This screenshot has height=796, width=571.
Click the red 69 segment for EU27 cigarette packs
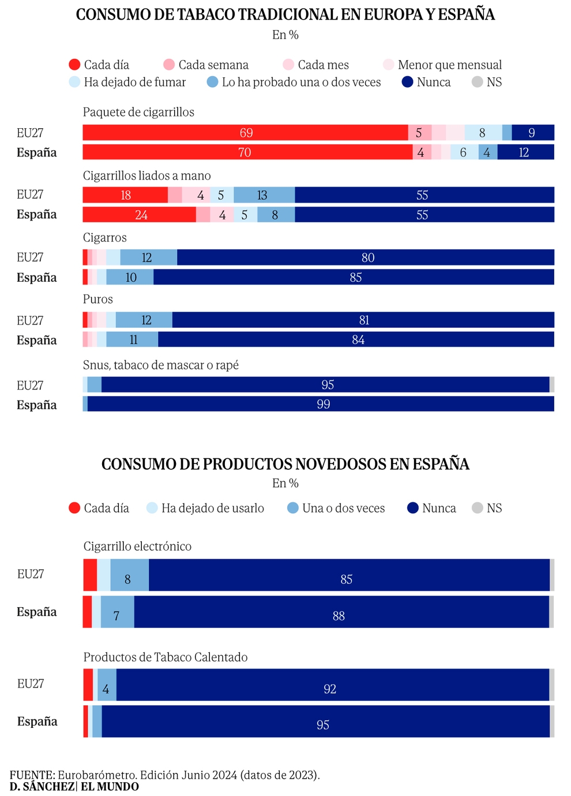coord(246,133)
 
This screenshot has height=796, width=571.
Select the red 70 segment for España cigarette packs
coord(245,152)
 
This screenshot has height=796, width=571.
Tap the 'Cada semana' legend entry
coord(206,65)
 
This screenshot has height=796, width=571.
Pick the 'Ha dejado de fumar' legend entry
coord(127,82)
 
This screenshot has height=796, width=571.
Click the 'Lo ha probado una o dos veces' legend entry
coord(294,82)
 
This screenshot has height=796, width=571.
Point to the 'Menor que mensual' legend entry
coord(442,65)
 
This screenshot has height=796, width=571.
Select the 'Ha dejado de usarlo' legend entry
coord(205,508)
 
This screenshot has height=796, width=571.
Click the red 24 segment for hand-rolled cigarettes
coord(141,215)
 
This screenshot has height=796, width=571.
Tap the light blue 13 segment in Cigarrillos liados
coord(262,195)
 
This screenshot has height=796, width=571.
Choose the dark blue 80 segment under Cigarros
coord(367,257)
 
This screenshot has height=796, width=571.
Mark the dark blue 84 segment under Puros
coord(358,339)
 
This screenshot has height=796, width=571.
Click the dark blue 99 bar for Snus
coord(323,404)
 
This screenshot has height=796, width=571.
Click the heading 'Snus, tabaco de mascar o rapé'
coord(160,365)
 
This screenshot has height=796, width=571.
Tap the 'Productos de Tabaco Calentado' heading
coord(166,657)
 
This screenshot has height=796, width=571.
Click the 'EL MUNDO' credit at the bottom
coord(110,787)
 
